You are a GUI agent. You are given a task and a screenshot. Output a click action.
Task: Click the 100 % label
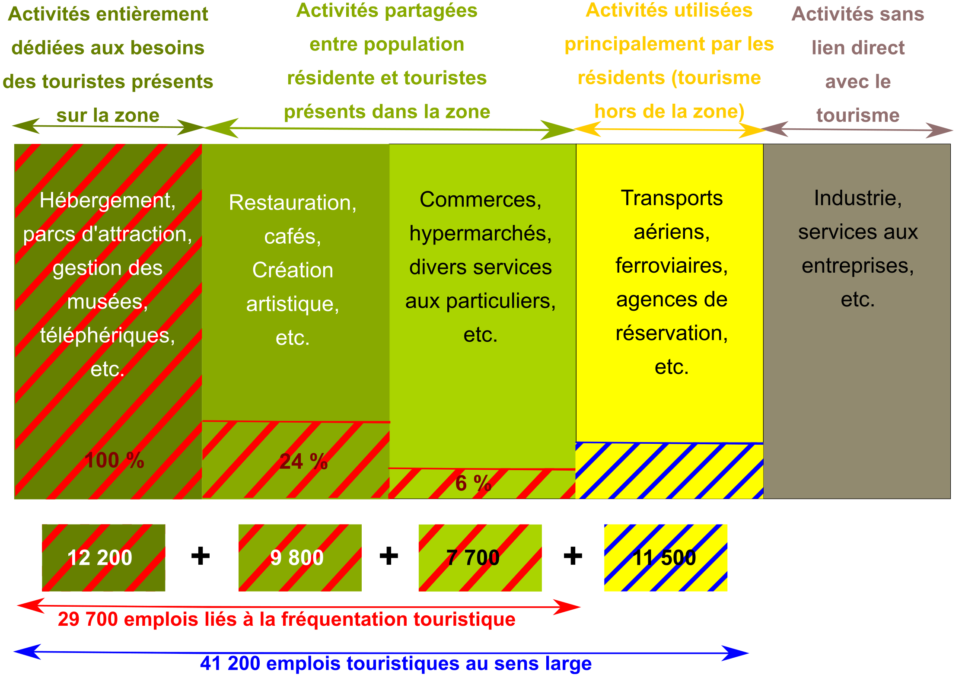tap(115, 460)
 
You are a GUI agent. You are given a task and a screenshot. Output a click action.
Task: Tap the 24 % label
tap(303, 462)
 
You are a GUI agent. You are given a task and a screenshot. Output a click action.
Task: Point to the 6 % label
tap(473, 483)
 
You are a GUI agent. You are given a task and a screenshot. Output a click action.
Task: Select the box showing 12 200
tap(104, 557)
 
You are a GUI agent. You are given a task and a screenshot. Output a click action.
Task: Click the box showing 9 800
tap(300, 557)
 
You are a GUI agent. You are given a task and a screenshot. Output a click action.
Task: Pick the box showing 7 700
tap(480, 557)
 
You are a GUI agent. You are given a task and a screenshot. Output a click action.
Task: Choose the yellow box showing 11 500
tap(666, 557)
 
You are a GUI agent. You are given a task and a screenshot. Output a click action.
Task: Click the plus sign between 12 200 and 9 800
tap(201, 556)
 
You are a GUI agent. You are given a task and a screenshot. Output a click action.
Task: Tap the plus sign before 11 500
tap(573, 556)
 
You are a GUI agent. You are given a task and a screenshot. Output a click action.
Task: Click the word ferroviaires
tap(672, 265)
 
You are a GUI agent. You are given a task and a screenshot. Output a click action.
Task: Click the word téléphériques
tap(108, 335)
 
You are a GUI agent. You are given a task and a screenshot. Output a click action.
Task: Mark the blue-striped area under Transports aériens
tap(669, 471)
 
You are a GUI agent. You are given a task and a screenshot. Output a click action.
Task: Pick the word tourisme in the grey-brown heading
tap(858, 115)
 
